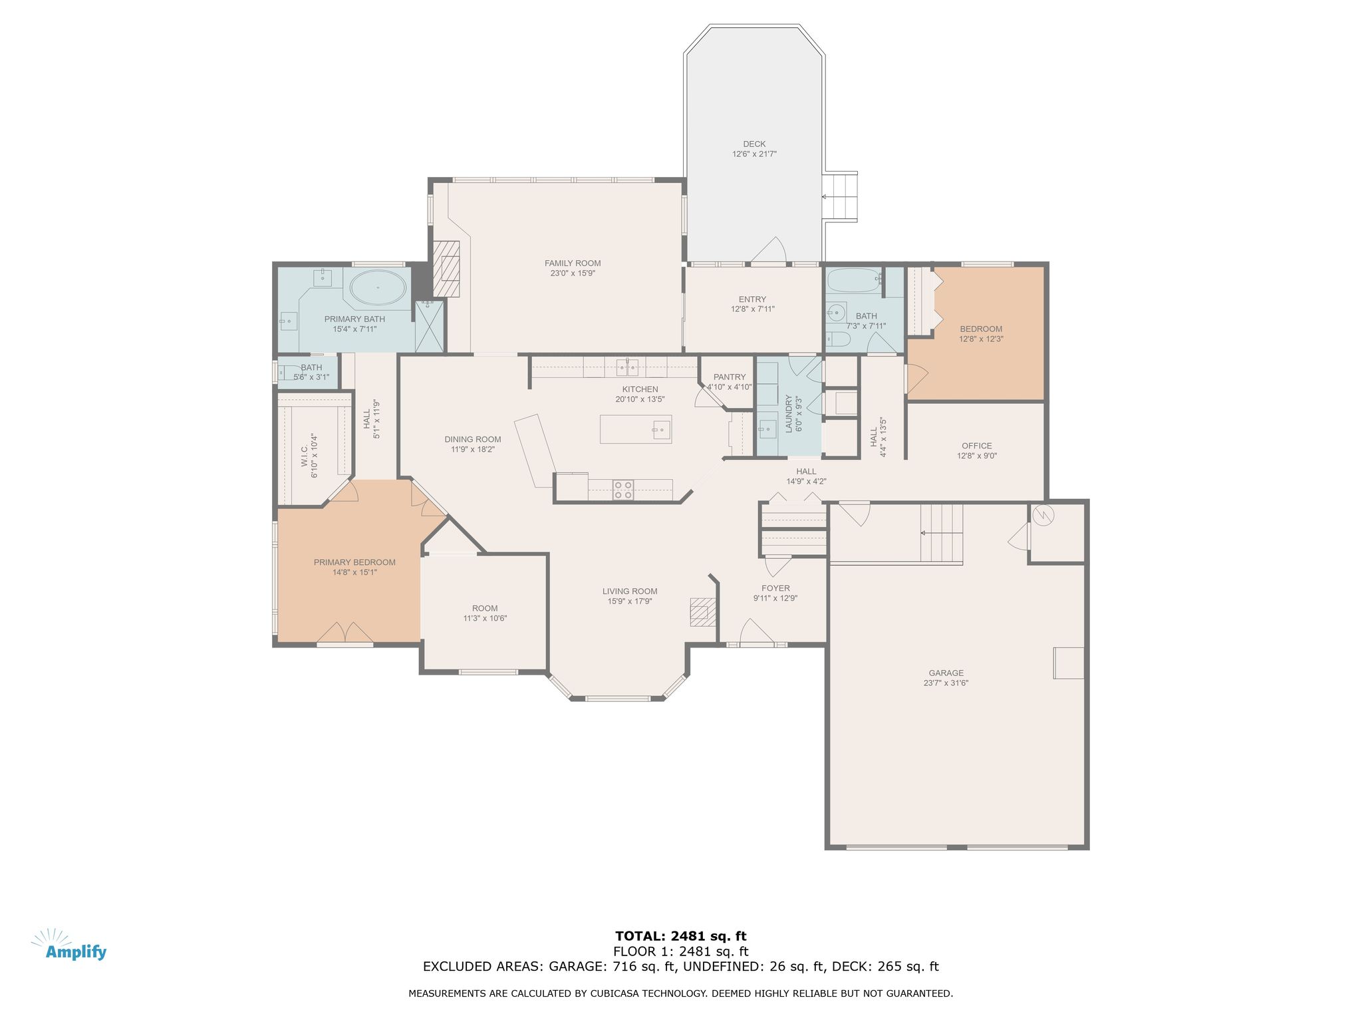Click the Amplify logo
69,945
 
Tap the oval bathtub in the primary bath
378,287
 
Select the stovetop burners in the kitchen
623,490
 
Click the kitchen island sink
661,429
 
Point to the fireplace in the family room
446,268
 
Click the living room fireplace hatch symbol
702,612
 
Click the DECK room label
754,144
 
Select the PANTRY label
730,377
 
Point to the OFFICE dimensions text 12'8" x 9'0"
977,456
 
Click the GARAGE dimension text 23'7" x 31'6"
946,683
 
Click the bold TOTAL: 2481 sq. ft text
681,936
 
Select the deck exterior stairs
841,196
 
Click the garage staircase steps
942,533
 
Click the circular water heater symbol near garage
1043,516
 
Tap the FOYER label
775,588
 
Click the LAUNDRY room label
789,414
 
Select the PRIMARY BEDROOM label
354,562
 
